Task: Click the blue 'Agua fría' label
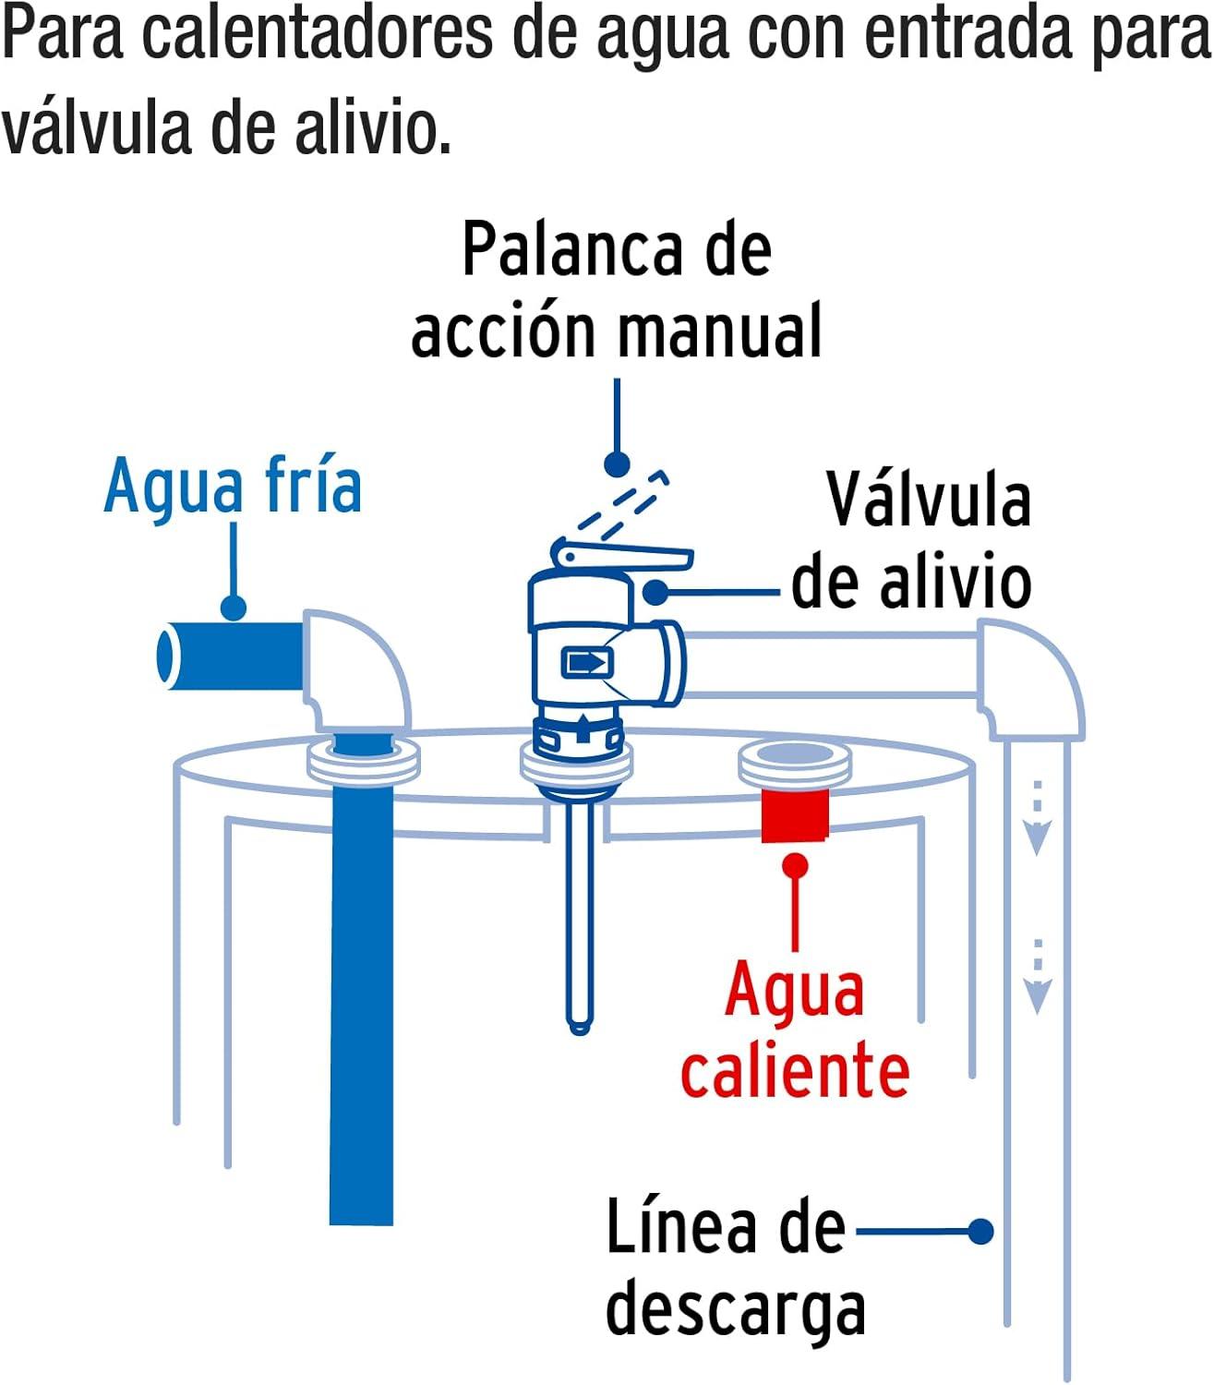(233, 487)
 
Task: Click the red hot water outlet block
(795, 815)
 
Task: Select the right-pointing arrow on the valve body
(587, 662)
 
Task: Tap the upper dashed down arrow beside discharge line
(1037, 817)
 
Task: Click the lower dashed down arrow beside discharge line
(1037, 976)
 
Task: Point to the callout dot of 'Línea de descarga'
(981, 1232)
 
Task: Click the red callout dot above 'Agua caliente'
(795, 866)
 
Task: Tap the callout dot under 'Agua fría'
(234, 607)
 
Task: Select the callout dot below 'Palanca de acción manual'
(617, 464)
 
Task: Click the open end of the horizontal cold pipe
(165, 656)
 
